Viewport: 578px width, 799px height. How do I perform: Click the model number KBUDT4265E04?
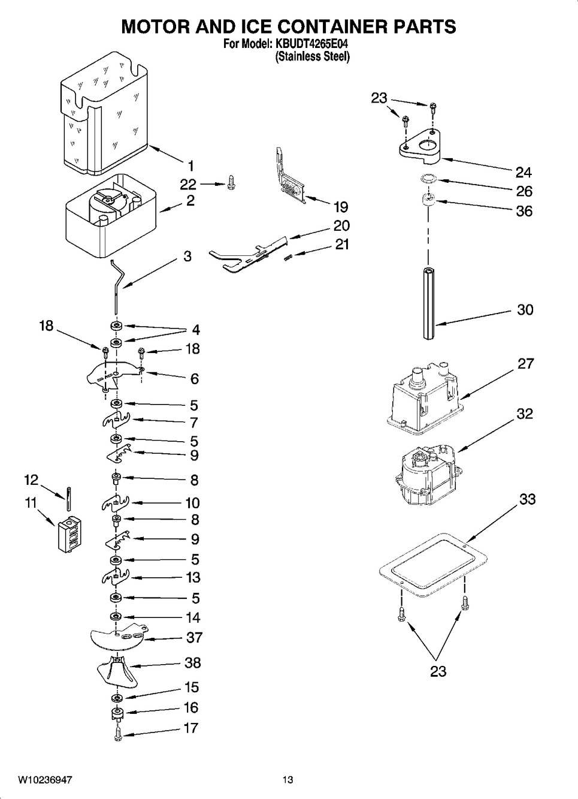click(x=311, y=44)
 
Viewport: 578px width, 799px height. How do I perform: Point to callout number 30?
click(x=525, y=310)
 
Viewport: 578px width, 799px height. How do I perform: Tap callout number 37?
click(x=195, y=637)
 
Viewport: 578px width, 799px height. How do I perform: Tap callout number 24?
click(x=524, y=173)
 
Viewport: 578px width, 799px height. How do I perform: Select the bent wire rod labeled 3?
click(x=117, y=287)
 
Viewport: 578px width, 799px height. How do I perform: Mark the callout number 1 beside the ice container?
click(x=191, y=166)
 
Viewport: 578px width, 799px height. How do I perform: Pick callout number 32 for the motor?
click(x=525, y=414)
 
